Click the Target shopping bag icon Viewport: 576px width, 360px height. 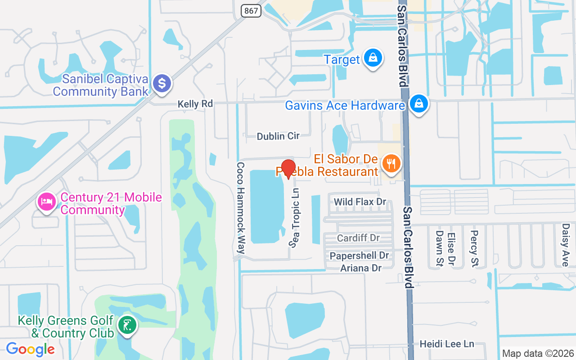coord(373,58)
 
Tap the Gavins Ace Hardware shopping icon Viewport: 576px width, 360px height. coord(419,104)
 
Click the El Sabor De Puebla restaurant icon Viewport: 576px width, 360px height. coord(391,164)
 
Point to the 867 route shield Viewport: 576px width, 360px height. coord(251,10)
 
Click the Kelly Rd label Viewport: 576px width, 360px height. coord(195,104)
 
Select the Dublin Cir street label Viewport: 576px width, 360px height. coord(278,136)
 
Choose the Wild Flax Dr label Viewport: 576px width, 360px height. coord(360,202)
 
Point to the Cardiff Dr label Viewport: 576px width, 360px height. coord(358,238)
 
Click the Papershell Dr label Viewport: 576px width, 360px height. coord(359,256)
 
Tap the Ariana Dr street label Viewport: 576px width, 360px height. coord(360,268)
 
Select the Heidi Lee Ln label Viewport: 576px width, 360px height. coord(446,344)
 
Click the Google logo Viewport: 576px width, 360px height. coord(30,349)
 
